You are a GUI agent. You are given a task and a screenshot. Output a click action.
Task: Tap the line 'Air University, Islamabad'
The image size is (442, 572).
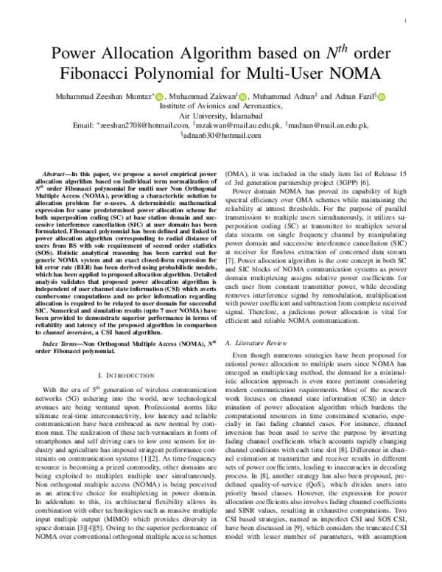[x=221, y=116]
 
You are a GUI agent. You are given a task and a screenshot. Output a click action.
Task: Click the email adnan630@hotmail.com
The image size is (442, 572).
[x=222, y=136]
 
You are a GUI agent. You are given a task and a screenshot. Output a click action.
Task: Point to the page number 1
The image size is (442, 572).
[x=407, y=22]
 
